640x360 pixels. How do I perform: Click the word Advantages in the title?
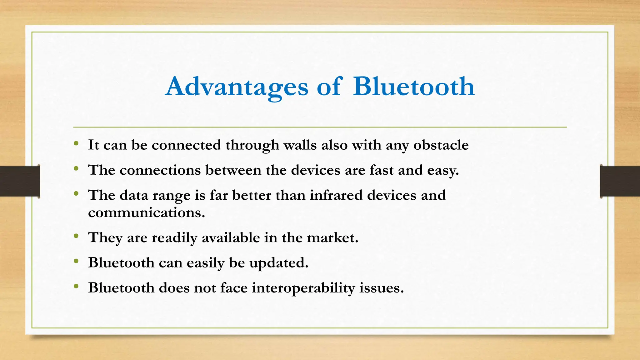(x=237, y=87)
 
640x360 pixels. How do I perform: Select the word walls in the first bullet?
(x=300, y=145)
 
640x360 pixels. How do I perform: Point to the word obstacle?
(x=441, y=145)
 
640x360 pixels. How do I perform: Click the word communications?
(x=146, y=213)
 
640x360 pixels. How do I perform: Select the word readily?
(x=174, y=238)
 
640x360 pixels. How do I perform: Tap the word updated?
(x=278, y=263)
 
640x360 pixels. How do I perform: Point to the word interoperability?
(x=303, y=288)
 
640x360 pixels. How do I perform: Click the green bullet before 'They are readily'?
(x=76, y=236)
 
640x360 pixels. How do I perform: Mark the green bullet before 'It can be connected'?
(x=76, y=143)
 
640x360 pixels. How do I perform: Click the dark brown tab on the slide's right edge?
(x=620, y=181)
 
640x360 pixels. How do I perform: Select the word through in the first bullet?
(x=252, y=145)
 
